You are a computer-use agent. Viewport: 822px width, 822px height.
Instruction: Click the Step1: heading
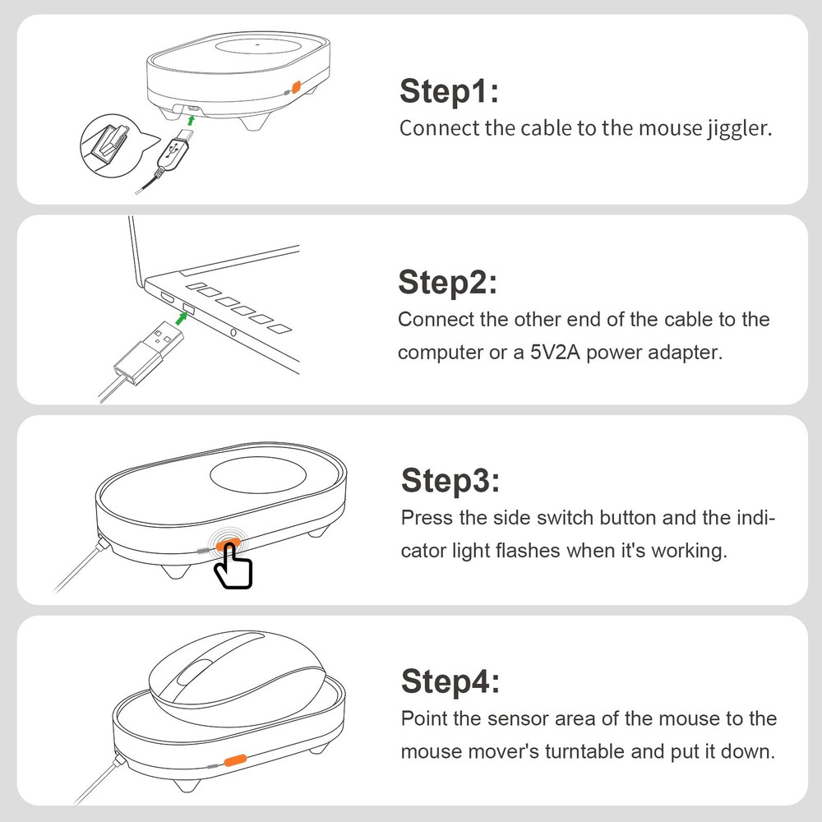click(449, 92)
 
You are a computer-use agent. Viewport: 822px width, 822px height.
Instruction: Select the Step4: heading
click(450, 681)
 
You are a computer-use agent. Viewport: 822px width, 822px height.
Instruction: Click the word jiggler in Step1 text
click(739, 129)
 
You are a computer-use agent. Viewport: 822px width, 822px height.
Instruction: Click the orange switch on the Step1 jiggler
click(295, 87)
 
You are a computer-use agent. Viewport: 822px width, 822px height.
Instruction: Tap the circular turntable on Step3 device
click(258, 477)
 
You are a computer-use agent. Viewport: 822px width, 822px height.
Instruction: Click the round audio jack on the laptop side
click(235, 333)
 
